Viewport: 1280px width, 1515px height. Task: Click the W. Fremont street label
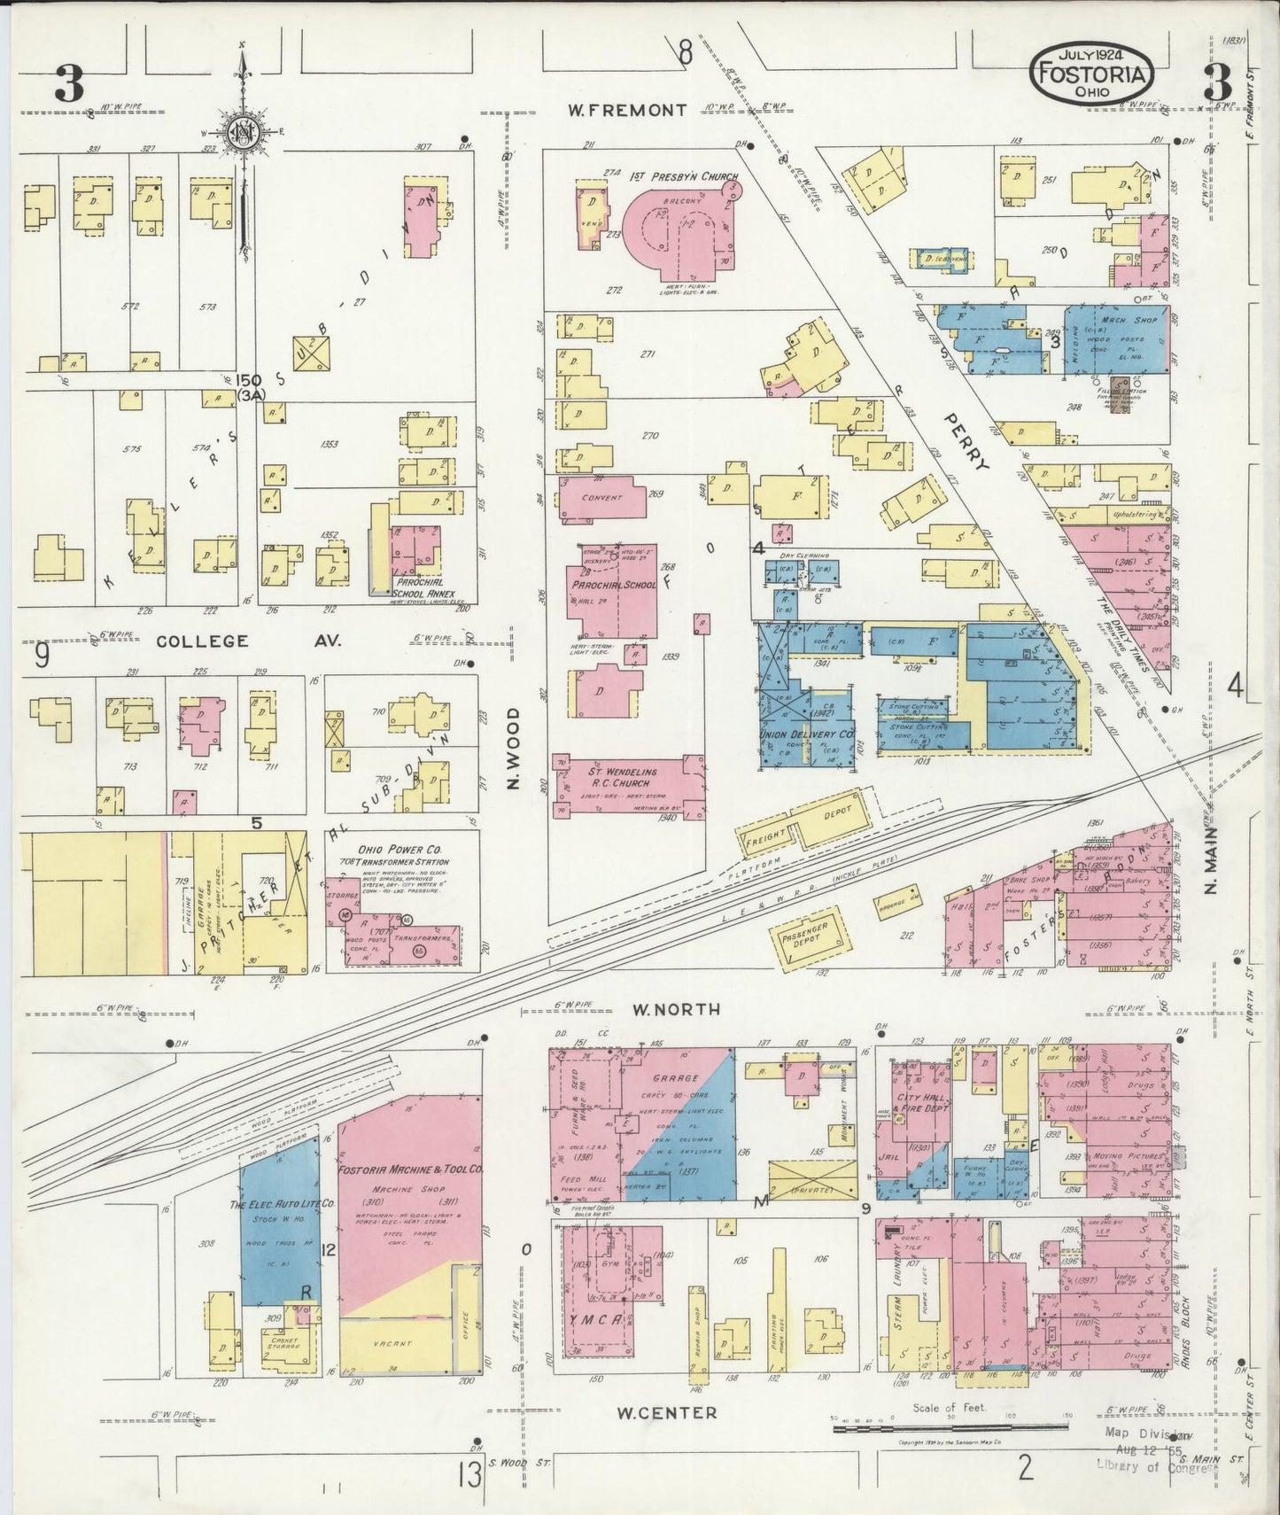[x=627, y=111]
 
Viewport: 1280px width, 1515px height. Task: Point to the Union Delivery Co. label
[x=806, y=734]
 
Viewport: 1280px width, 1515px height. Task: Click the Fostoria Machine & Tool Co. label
[x=410, y=1169]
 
